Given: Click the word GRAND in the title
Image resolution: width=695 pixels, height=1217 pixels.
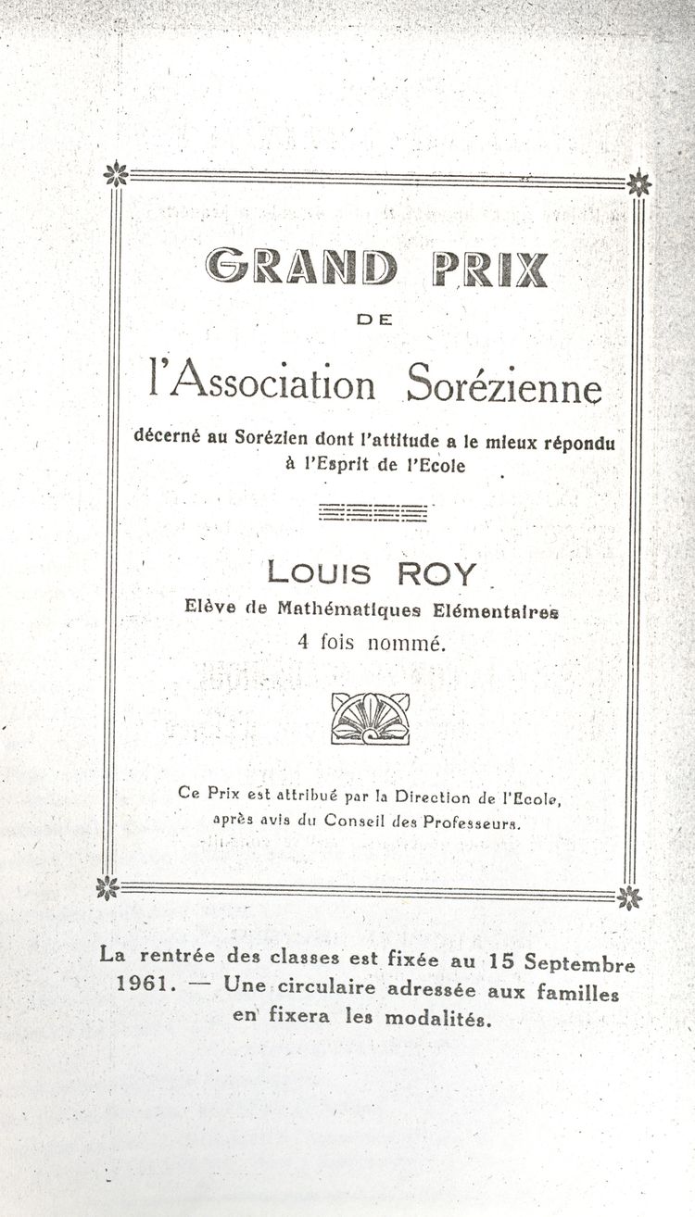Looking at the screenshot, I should (x=302, y=269).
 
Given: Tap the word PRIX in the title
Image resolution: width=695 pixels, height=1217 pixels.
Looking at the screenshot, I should (x=489, y=269).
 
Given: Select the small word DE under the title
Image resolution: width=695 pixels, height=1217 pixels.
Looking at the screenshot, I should (x=375, y=320).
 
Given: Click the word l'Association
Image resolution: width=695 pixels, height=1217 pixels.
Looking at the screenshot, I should (x=262, y=383).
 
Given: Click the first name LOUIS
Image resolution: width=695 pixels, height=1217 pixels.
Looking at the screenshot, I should (x=319, y=573).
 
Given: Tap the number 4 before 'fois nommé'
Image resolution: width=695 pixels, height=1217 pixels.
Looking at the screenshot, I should (x=304, y=641).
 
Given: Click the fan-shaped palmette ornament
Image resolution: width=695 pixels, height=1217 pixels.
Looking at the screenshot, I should (x=371, y=718).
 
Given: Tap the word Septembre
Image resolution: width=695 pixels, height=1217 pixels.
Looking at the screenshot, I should (x=579, y=963).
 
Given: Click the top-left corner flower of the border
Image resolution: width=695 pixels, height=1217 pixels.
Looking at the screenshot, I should (x=116, y=174).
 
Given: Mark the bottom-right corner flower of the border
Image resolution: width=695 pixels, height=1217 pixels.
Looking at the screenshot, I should (x=630, y=897).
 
